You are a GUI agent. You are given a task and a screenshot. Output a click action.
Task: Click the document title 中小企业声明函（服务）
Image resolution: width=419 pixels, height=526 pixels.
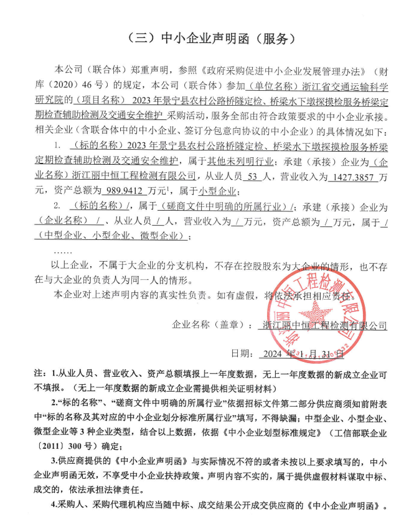tap(209, 38)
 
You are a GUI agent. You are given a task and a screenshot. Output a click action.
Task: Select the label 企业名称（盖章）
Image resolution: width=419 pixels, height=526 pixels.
tap(209, 325)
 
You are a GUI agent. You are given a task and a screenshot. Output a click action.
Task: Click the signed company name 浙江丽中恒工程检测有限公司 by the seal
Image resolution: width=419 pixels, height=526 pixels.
tap(324, 325)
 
